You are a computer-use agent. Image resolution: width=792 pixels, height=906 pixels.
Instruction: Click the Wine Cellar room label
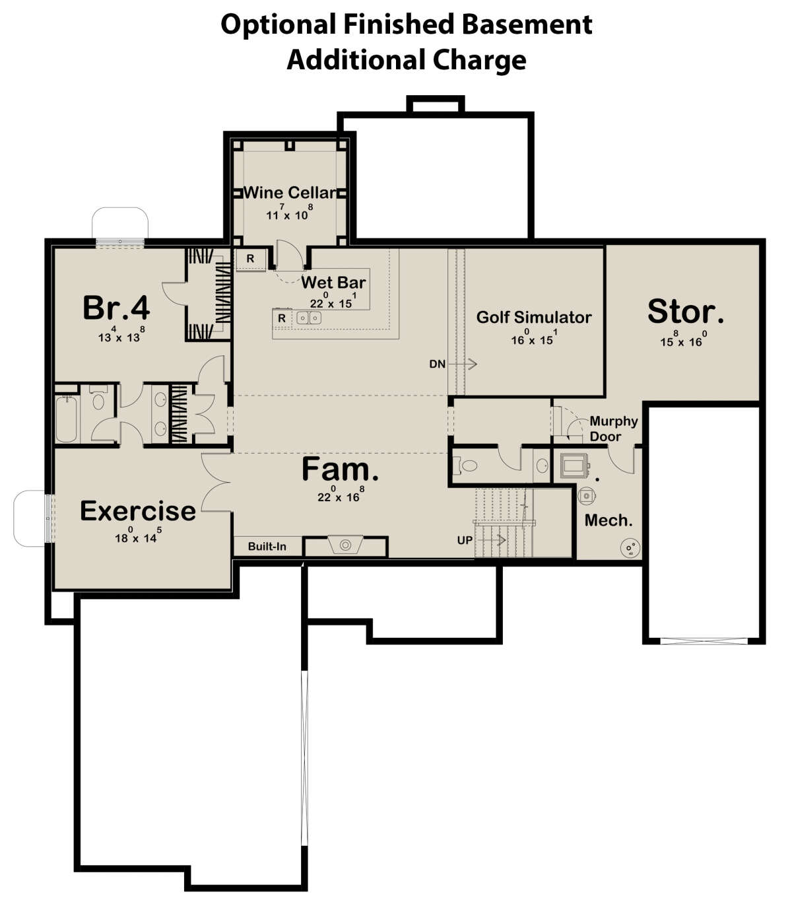(290, 193)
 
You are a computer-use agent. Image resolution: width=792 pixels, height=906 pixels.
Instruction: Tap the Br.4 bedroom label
(116, 308)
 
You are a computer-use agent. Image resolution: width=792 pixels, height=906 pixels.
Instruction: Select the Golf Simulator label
(533, 317)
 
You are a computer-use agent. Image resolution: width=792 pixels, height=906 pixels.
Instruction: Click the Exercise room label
(137, 511)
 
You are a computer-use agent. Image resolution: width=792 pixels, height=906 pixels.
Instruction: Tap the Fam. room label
(340, 470)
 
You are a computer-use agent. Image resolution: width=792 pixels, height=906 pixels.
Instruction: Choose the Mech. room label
(609, 520)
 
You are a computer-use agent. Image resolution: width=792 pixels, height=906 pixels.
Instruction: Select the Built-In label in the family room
(267, 546)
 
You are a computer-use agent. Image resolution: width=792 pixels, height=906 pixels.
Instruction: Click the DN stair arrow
(463, 364)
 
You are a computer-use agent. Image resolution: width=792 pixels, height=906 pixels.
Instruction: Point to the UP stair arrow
(491, 540)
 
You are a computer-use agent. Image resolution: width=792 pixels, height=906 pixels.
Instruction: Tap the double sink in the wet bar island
(309, 318)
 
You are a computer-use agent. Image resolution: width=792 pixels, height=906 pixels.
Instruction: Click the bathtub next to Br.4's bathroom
(67, 419)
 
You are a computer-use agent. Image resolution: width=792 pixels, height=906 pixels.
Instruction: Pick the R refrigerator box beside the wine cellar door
(250, 259)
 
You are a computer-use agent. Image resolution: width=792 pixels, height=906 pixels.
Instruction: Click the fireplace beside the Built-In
(345, 546)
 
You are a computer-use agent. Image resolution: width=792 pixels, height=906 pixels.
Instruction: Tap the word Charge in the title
(479, 60)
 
